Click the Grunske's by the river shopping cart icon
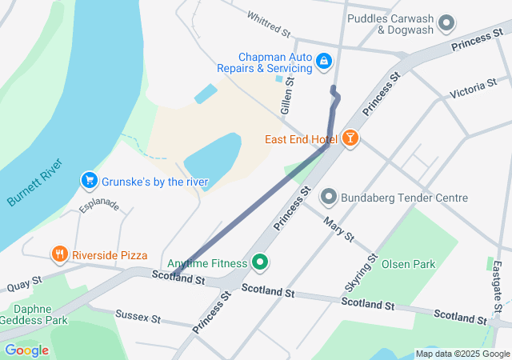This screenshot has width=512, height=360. point(90,181)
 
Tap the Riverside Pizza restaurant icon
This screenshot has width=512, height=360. point(59,255)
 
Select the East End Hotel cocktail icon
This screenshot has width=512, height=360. point(350,139)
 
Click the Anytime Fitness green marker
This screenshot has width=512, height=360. point(259,262)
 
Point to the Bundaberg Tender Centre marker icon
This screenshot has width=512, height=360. point(328,197)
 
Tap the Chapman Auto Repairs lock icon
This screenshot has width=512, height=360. point(323,60)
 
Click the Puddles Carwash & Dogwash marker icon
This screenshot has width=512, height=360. point(446,22)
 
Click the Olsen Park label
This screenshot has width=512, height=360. point(408,264)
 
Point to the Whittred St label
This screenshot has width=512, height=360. point(268,24)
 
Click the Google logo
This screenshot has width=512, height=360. point(26,350)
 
